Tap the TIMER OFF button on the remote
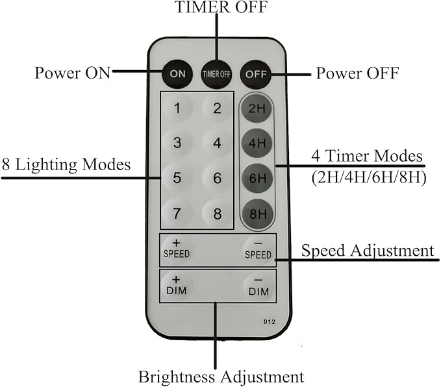point(216,73)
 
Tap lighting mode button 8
point(217,212)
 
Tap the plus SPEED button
point(176,249)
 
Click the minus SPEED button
point(258,250)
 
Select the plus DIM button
point(176,285)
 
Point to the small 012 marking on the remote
point(269,321)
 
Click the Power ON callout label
point(73,73)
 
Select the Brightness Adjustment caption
point(220,376)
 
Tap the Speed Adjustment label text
point(367,250)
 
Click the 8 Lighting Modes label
point(66,164)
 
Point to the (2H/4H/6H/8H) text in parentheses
point(368,177)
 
